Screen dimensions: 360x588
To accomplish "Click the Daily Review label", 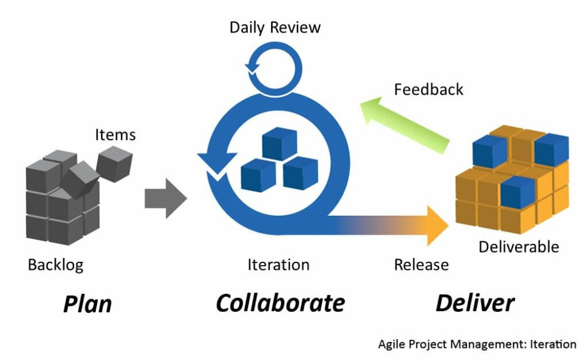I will click(x=275, y=27).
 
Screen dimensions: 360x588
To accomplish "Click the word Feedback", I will click(x=428, y=90).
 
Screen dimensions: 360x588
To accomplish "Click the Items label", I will click(x=115, y=134).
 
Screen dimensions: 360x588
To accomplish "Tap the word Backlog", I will click(x=56, y=265).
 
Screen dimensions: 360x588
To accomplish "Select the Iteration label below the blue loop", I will click(x=278, y=265).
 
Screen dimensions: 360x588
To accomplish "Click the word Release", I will click(x=421, y=265).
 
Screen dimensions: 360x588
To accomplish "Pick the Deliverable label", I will click(x=519, y=247).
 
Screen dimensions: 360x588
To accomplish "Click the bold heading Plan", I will click(x=87, y=303).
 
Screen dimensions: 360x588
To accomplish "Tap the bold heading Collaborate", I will click(x=280, y=302).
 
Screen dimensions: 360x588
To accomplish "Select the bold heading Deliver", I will click(x=475, y=302).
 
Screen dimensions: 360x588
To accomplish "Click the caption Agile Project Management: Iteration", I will click(x=477, y=344).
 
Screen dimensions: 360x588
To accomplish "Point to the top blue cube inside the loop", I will click(x=279, y=143).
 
